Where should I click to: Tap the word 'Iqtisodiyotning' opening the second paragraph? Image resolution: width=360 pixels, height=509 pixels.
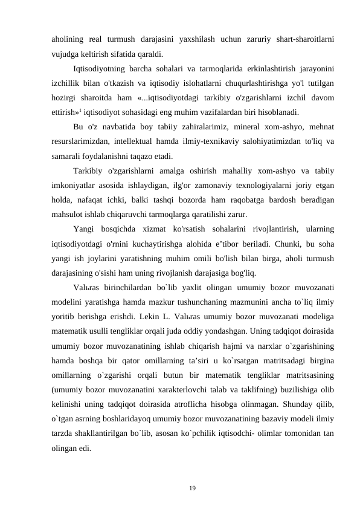(x=99, y=68)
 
